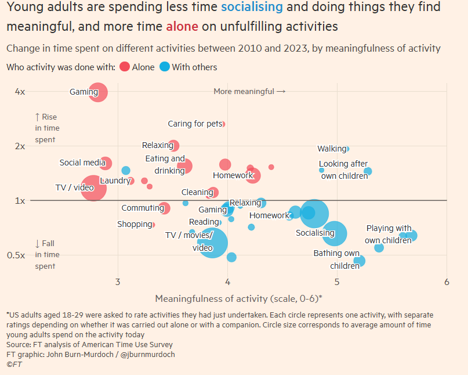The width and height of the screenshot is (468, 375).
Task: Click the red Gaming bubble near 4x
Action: tap(98, 92)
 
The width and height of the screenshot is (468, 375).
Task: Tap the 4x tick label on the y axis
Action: tap(20, 92)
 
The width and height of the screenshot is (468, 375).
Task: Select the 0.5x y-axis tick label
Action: tap(19, 255)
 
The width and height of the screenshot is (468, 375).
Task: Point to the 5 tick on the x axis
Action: tap(337, 282)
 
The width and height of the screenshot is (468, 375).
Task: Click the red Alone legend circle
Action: tap(125, 67)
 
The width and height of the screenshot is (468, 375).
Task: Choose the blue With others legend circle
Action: tap(165, 67)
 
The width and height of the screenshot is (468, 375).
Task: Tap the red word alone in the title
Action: tap(182, 27)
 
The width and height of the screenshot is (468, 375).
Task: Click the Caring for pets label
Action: tap(194, 124)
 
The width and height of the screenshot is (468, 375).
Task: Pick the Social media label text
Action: tap(82, 163)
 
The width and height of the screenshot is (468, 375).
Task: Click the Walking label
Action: tap(332, 149)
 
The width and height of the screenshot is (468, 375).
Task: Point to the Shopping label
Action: tap(135, 224)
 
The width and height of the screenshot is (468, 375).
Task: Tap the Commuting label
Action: tap(142, 208)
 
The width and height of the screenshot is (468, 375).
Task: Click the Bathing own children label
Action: tap(336, 259)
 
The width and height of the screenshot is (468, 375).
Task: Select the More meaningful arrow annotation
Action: tap(249, 91)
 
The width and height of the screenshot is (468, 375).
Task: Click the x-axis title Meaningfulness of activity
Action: tap(238, 298)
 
